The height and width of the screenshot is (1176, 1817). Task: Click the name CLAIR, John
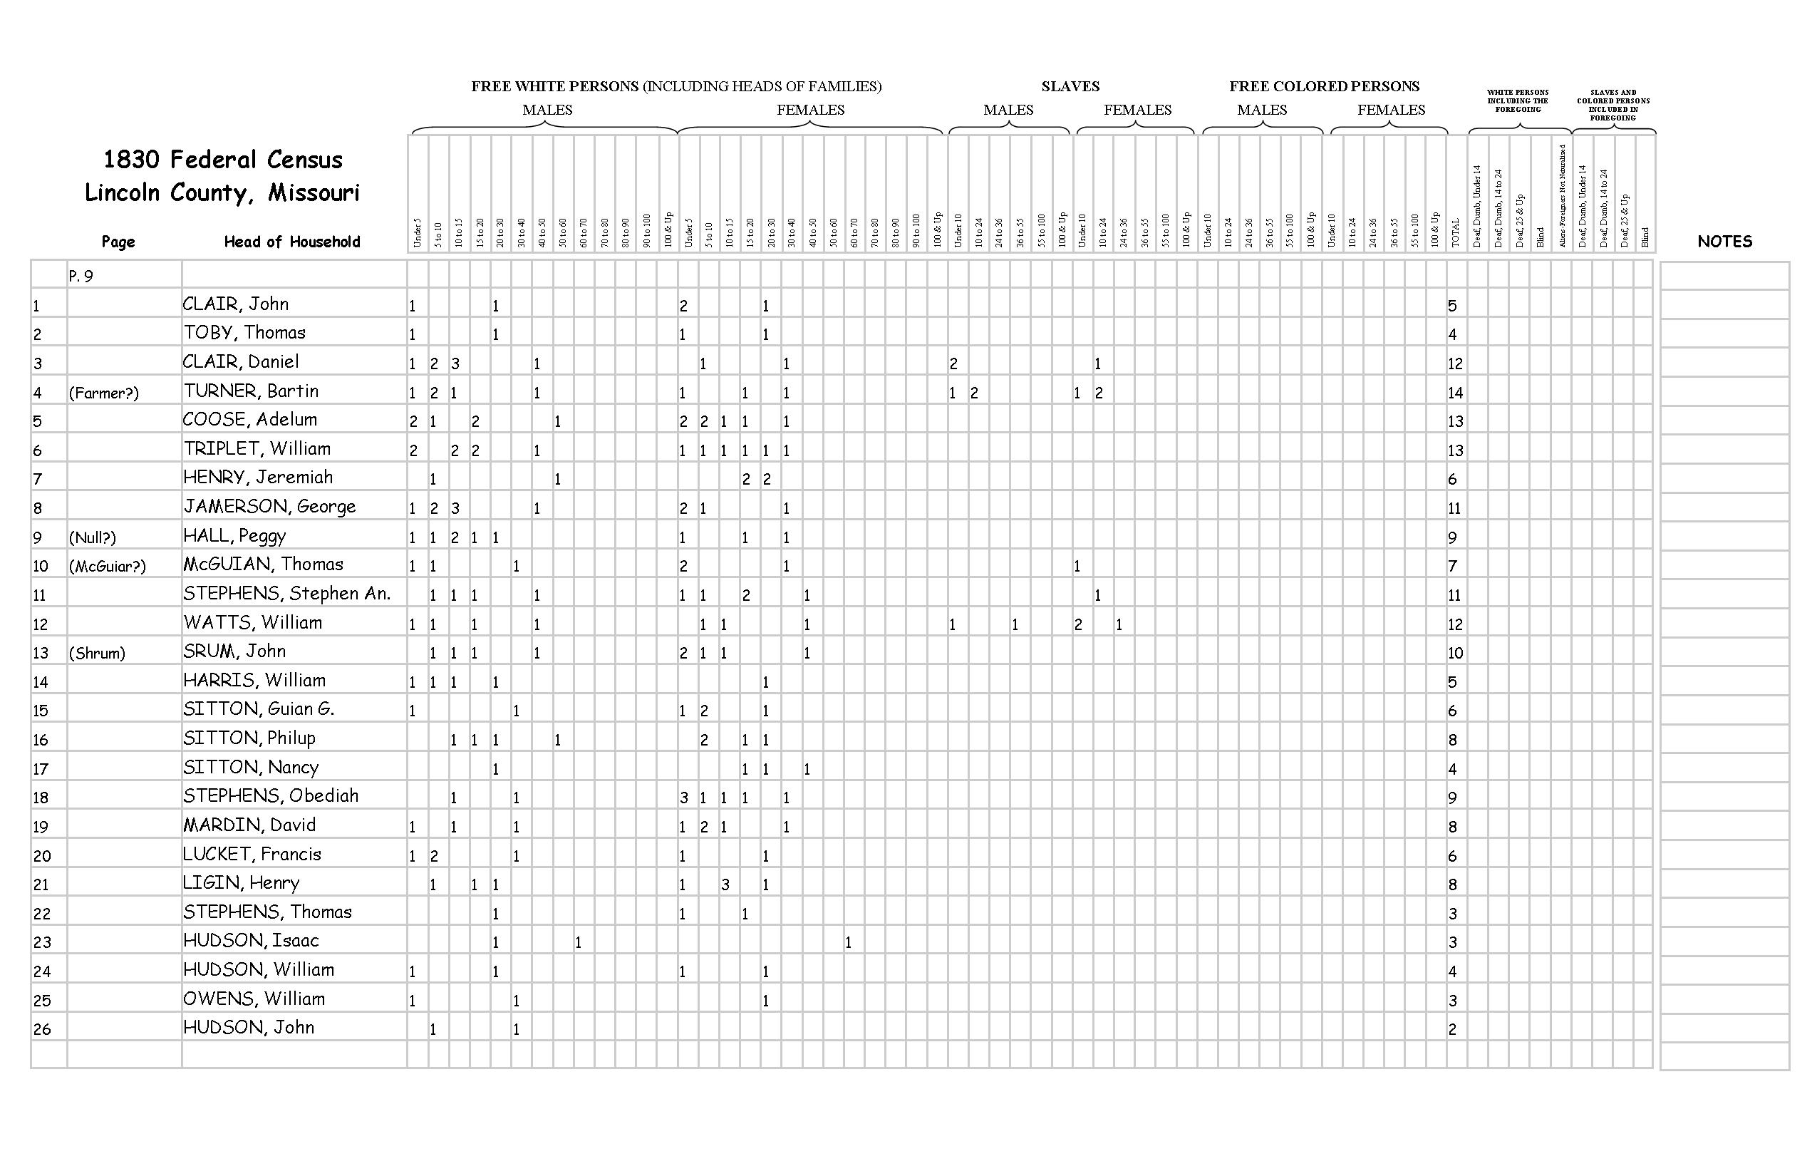click(235, 304)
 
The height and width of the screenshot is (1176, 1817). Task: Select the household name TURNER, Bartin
click(250, 391)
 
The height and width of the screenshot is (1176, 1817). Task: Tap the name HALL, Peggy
click(234, 535)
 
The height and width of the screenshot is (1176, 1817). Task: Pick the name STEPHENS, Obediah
click(270, 795)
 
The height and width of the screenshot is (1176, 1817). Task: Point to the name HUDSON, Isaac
click(250, 940)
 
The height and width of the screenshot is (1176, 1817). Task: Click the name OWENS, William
click(254, 998)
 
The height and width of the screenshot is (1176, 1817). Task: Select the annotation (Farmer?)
click(104, 393)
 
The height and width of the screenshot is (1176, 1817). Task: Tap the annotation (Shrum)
click(97, 653)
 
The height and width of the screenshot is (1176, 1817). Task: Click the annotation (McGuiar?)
click(107, 566)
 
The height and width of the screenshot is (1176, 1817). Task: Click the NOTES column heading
click(1724, 242)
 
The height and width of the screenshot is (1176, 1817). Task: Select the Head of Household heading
click(291, 242)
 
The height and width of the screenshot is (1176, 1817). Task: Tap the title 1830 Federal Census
click(222, 160)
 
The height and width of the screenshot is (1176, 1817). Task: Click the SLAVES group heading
click(1070, 86)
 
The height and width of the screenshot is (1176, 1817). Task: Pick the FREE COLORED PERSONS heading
click(1324, 86)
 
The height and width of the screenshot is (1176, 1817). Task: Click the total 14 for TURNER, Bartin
click(1455, 393)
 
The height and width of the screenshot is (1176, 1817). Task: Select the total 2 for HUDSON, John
click(1452, 1028)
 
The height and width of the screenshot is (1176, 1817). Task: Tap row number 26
click(41, 1028)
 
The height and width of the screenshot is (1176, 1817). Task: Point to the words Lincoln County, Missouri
click(222, 192)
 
